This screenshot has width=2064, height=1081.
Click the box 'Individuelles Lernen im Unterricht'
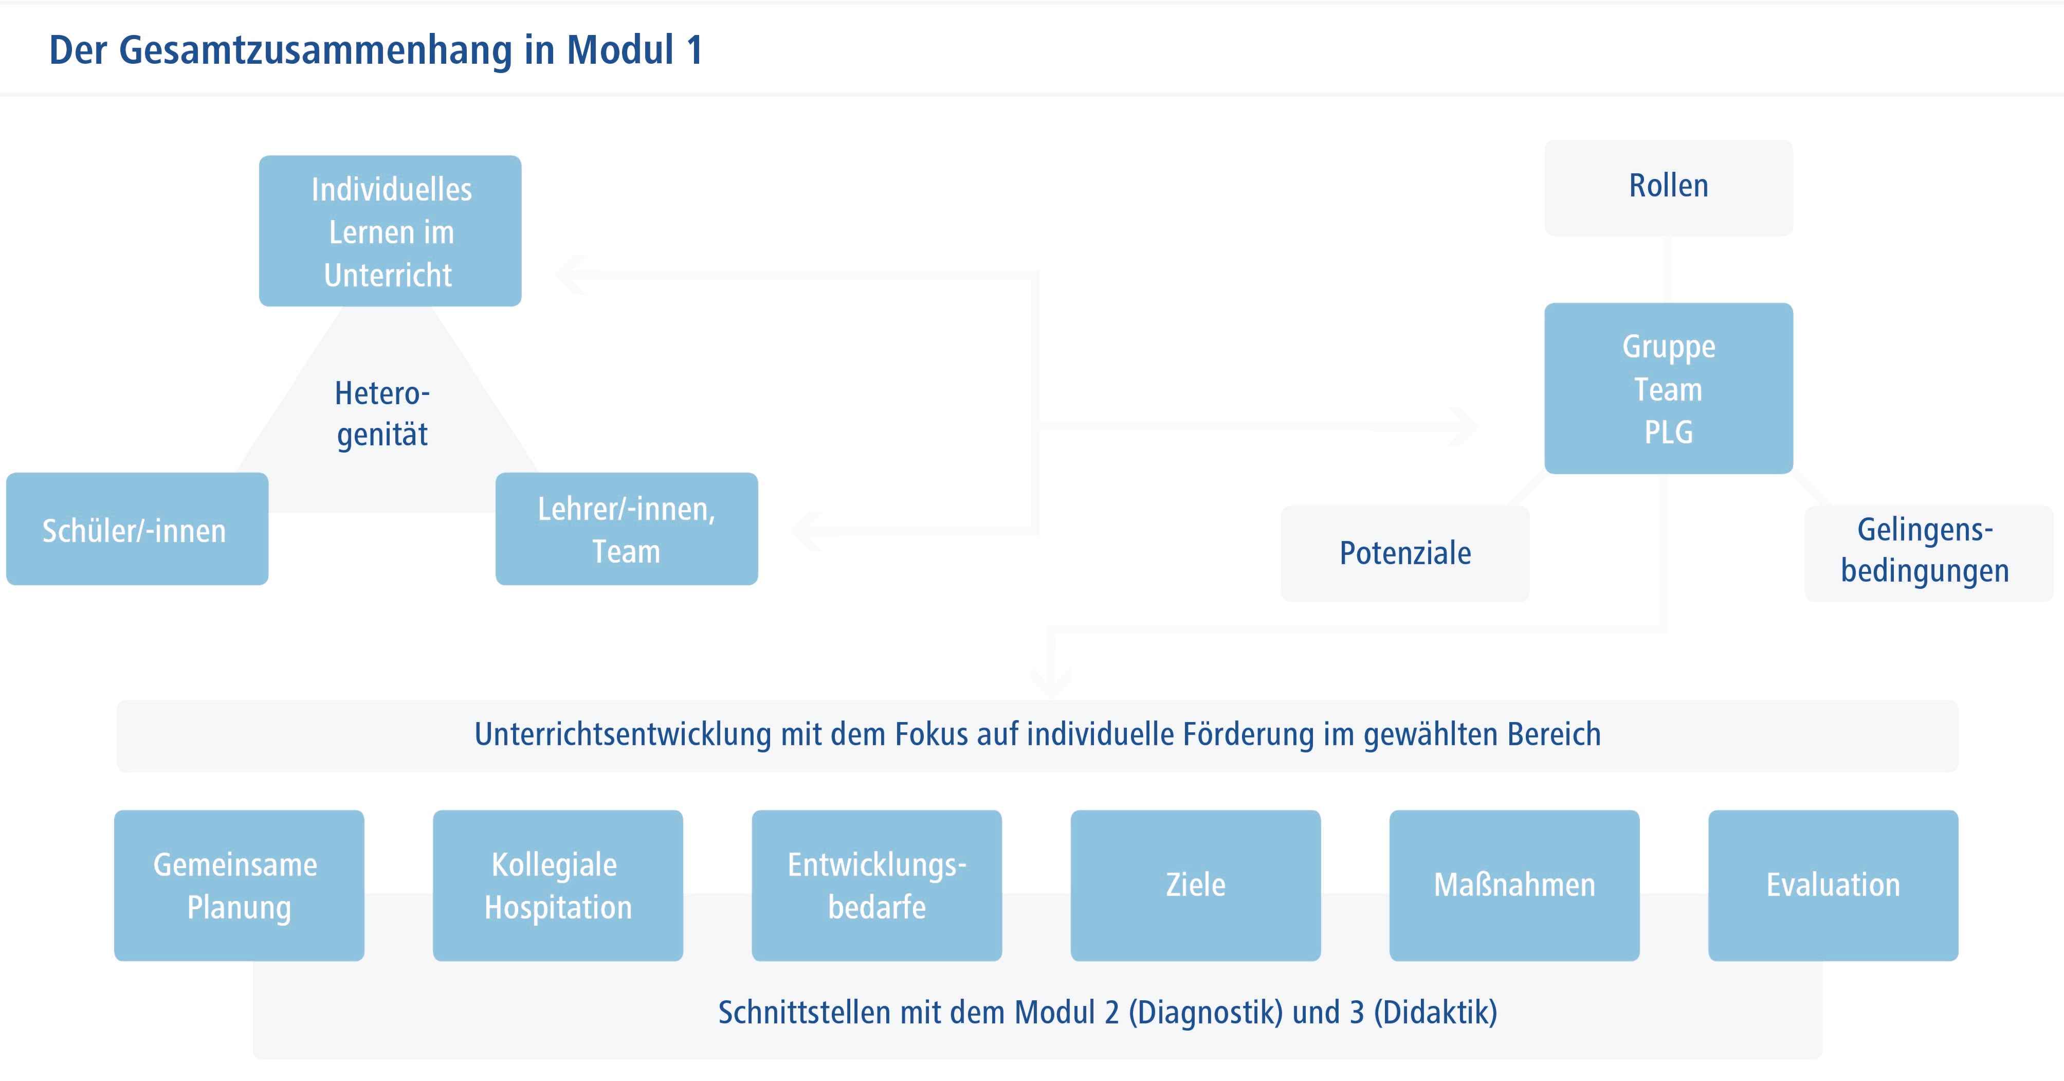(x=390, y=231)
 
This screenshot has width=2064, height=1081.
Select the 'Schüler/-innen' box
(x=137, y=529)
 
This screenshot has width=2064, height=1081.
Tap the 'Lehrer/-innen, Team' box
(x=627, y=529)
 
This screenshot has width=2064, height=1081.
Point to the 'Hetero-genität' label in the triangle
(x=382, y=413)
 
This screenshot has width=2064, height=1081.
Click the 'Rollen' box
(x=1669, y=188)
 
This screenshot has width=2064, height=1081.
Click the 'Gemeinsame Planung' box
(x=239, y=886)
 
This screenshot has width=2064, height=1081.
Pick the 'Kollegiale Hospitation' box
(x=558, y=886)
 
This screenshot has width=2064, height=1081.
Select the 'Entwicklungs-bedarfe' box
(x=876, y=886)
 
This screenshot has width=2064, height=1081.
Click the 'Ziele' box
(x=1195, y=886)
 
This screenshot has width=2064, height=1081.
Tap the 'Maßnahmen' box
(x=1514, y=886)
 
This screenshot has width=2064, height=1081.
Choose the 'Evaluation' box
(x=1833, y=886)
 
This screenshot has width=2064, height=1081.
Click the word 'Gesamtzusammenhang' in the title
(x=315, y=50)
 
